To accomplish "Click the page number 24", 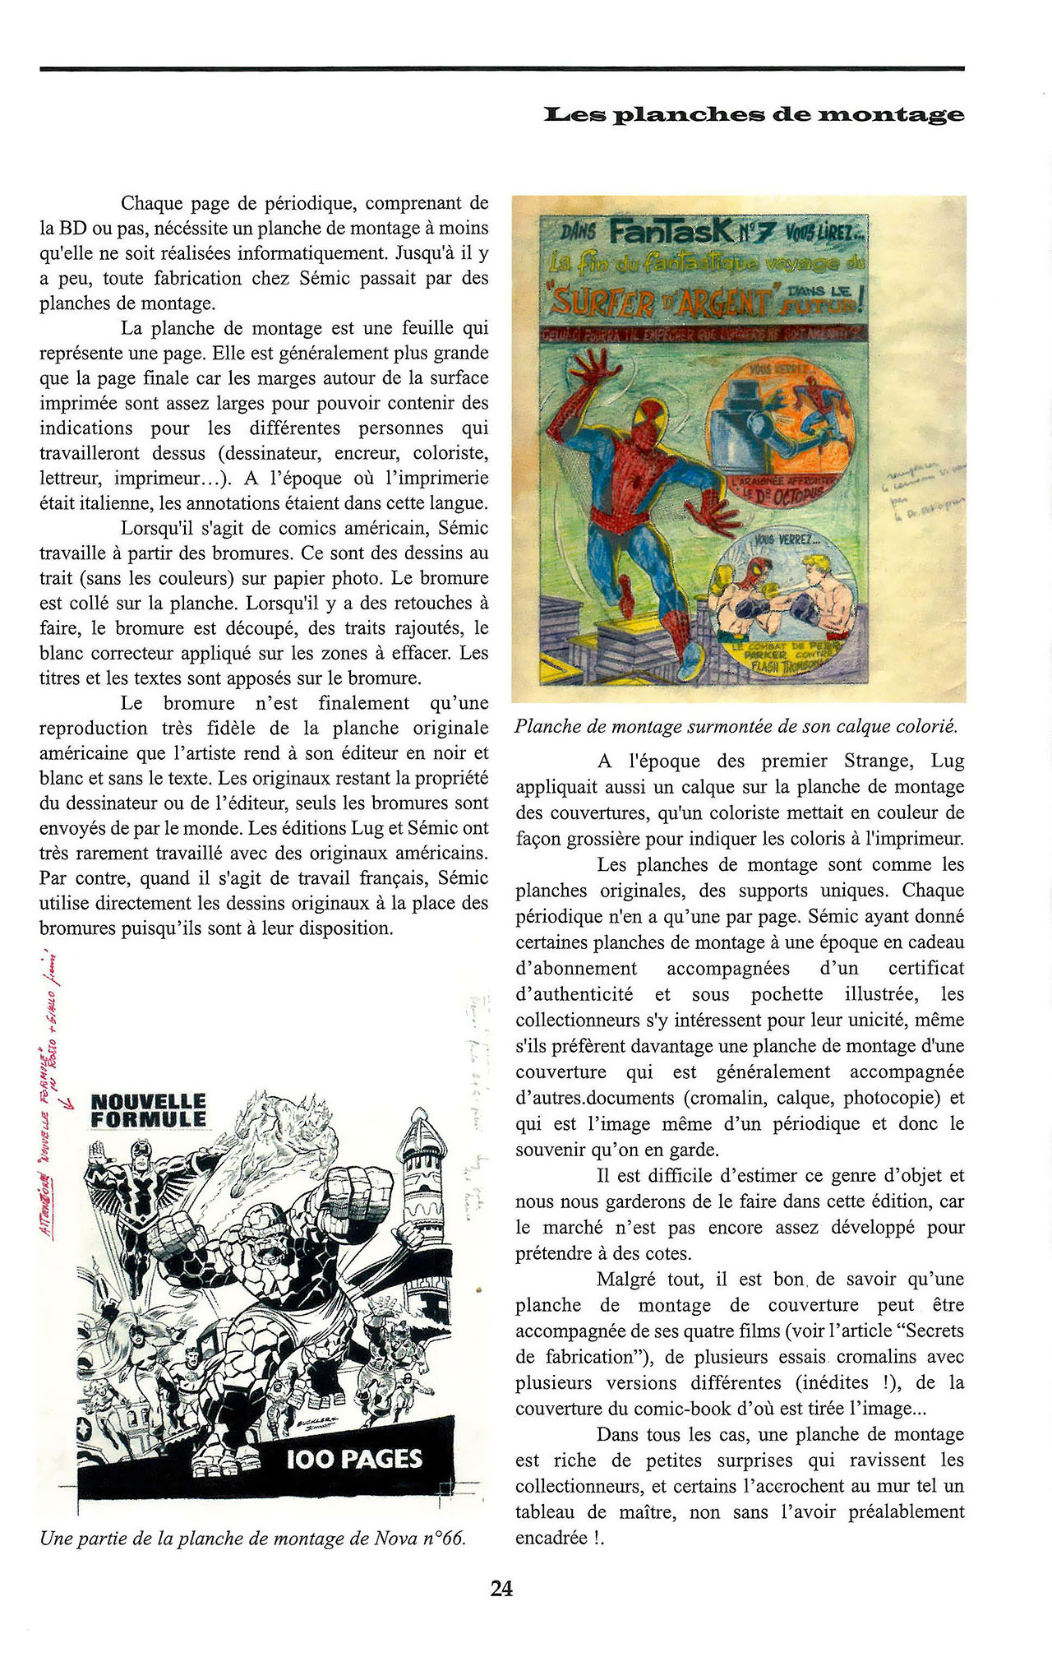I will click(x=501, y=1589).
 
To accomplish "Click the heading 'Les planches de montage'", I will click(x=754, y=114).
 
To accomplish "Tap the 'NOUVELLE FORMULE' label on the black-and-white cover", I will click(x=148, y=1110).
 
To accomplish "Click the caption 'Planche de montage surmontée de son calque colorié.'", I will click(x=736, y=727).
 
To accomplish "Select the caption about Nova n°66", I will click(x=253, y=1539).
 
